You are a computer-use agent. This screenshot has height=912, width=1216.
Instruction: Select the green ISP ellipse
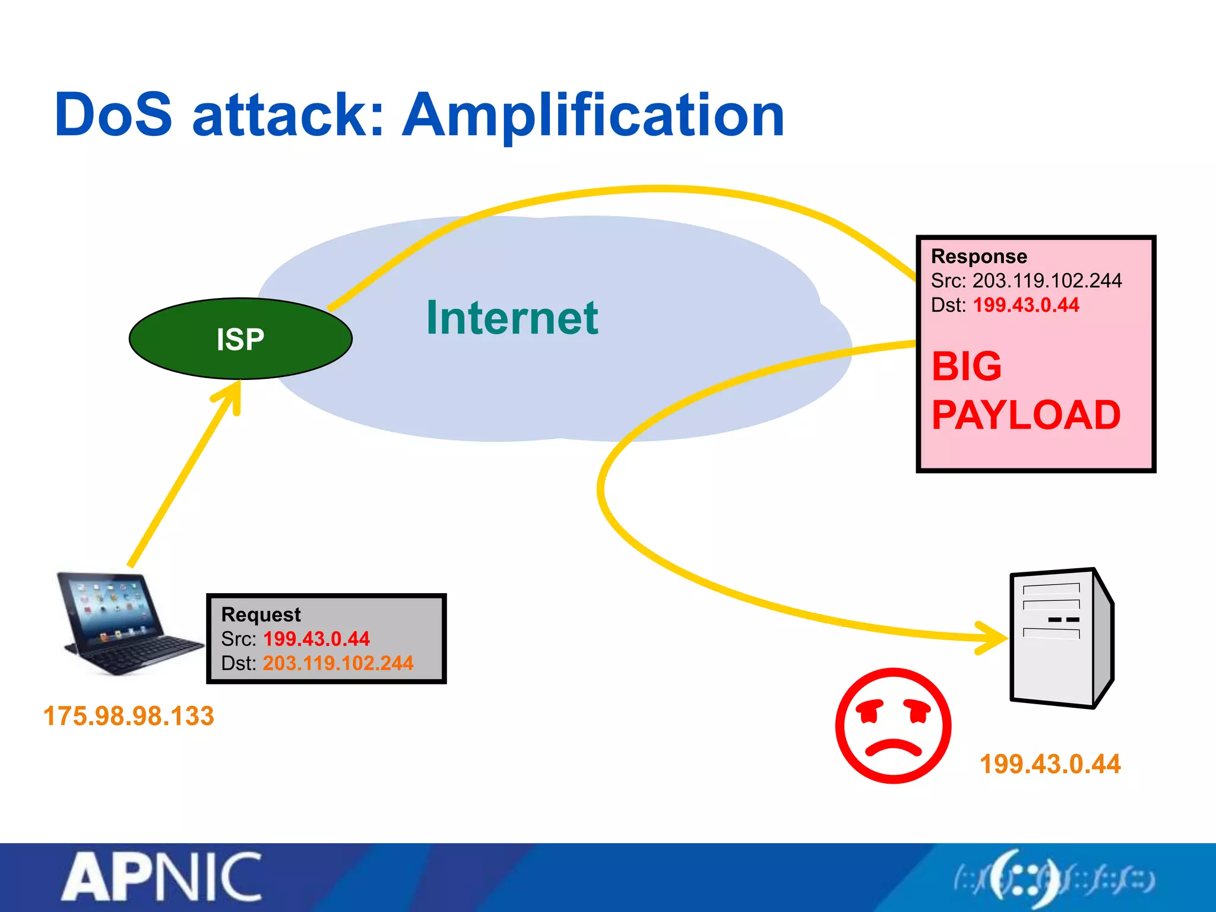[240, 339]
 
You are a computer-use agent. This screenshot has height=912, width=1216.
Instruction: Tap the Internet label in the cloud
[512, 318]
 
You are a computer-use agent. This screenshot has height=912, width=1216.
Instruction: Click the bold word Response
[978, 256]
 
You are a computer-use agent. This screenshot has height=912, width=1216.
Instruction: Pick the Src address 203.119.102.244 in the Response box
[1047, 281]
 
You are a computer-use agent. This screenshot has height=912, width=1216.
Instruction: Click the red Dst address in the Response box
[1026, 305]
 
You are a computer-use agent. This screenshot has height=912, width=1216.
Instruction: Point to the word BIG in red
[967, 366]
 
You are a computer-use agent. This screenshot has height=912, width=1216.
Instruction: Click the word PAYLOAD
[1026, 415]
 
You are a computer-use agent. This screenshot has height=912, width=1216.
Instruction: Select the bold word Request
[261, 615]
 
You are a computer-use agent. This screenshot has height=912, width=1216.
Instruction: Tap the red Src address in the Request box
[316, 639]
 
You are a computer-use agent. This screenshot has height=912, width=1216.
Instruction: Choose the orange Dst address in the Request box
[338, 663]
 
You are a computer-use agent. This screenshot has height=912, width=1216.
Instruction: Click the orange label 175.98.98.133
[128, 716]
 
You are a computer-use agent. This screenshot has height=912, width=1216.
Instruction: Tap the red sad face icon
[892, 726]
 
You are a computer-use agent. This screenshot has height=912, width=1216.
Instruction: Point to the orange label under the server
[1050, 764]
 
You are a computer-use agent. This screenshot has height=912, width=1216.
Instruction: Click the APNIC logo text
[162, 878]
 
